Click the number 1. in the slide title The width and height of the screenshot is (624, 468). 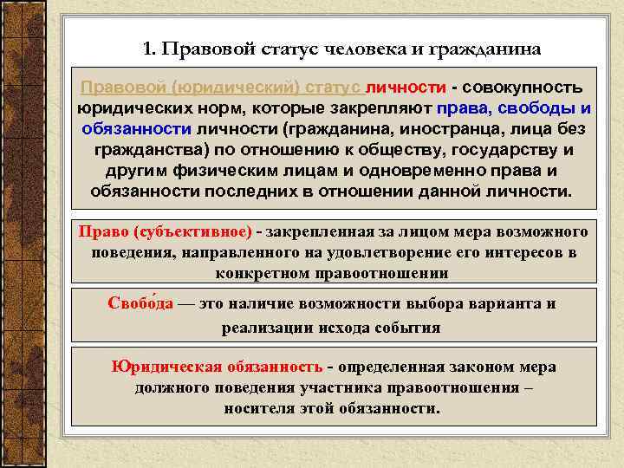coord(147,49)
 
